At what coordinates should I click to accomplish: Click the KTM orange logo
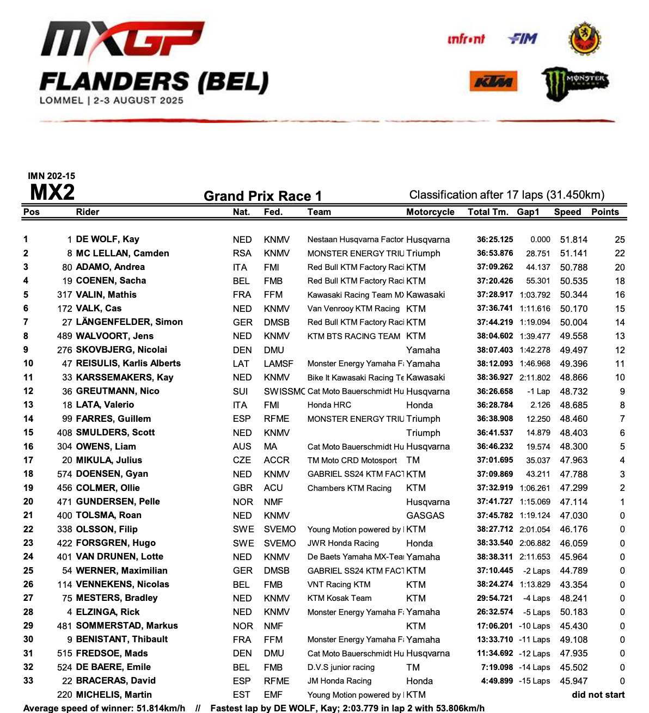[493, 82]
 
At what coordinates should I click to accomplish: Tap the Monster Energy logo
[575, 83]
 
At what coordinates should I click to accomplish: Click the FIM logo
[523, 39]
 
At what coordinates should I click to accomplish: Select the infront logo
[466, 39]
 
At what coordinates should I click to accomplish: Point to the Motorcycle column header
[430, 212]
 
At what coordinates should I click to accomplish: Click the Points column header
[605, 212]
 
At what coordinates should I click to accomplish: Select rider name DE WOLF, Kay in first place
[108, 239]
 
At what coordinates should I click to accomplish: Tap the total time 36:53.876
[495, 253]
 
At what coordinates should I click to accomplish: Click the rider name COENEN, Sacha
[111, 281]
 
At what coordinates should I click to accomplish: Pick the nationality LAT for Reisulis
[241, 364]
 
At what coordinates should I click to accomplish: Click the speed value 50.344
[573, 294]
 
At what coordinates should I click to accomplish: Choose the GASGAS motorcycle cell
[425, 515]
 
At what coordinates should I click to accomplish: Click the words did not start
[598, 694]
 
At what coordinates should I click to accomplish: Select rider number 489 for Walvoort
[65, 336]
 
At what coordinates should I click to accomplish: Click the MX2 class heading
[52, 193]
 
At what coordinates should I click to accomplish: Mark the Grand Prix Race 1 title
[262, 196]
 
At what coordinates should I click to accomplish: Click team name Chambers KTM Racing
[349, 488]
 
